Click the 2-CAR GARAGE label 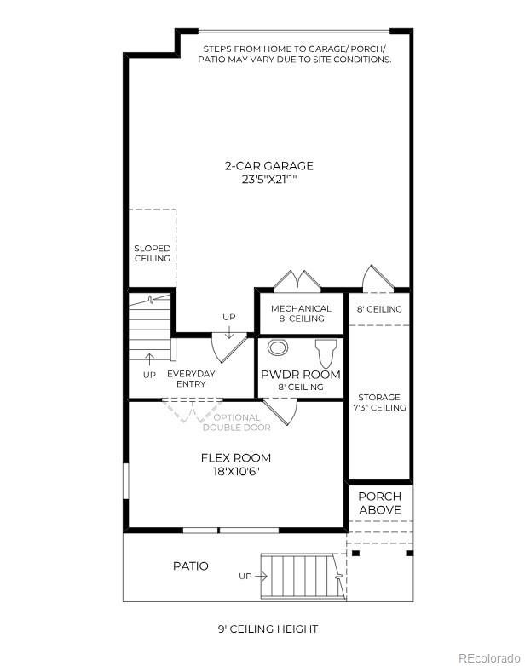[268, 166]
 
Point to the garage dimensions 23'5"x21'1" [268, 180]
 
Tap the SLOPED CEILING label [152, 253]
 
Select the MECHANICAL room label [301, 308]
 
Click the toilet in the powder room [326, 352]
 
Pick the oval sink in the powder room [278, 347]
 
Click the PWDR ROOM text [300, 375]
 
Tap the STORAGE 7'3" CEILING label [379, 402]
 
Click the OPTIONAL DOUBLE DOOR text [236, 422]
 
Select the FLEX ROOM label [236, 457]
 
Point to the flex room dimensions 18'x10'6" [236, 471]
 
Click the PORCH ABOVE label [379, 502]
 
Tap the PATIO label [190, 566]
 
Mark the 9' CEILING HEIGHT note [268, 629]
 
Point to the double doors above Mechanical [296, 281]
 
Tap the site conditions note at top [295, 54]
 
